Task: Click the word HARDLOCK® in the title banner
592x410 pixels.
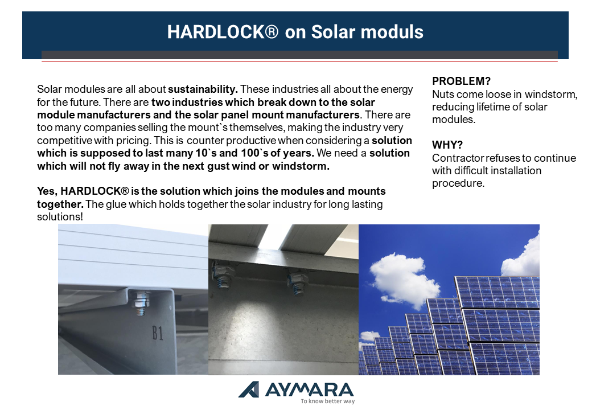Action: (x=223, y=32)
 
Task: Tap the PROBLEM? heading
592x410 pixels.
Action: (x=461, y=81)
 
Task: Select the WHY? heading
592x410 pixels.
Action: (x=447, y=145)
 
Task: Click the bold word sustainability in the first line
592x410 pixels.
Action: (x=203, y=89)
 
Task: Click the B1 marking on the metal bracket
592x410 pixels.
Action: (x=158, y=333)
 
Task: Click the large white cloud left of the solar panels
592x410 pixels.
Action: (x=403, y=280)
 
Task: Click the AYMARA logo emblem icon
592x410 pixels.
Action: (x=249, y=389)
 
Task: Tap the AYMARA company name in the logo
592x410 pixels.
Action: (x=309, y=390)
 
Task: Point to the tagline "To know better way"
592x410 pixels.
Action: (x=328, y=401)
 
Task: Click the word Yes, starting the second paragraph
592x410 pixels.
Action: (x=47, y=191)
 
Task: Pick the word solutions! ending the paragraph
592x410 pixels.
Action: (x=60, y=217)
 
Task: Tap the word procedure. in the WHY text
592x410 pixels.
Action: (x=458, y=183)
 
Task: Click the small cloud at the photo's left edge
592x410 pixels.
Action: (x=368, y=336)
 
